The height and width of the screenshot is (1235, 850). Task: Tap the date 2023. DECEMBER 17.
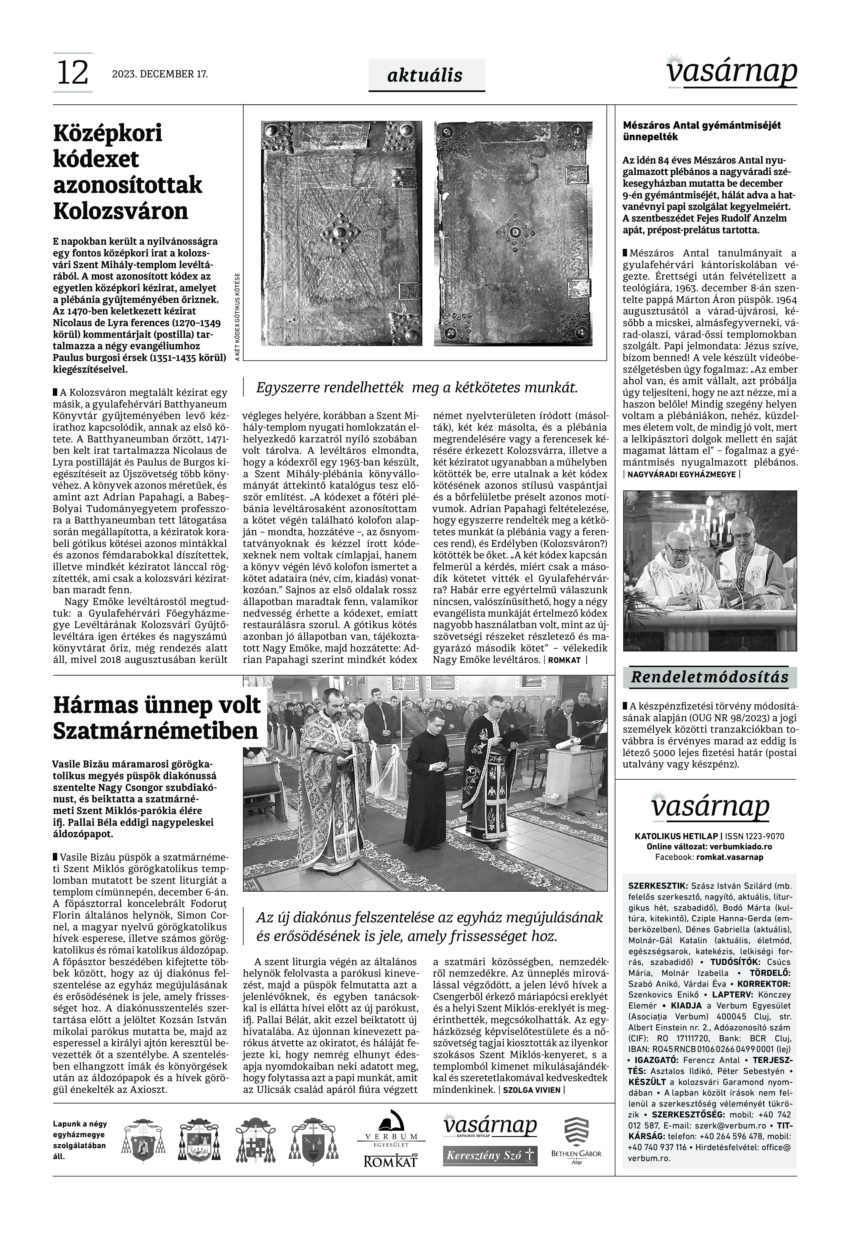(160, 74)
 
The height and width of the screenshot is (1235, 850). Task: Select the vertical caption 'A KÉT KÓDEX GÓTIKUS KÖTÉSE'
(237, 318)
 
